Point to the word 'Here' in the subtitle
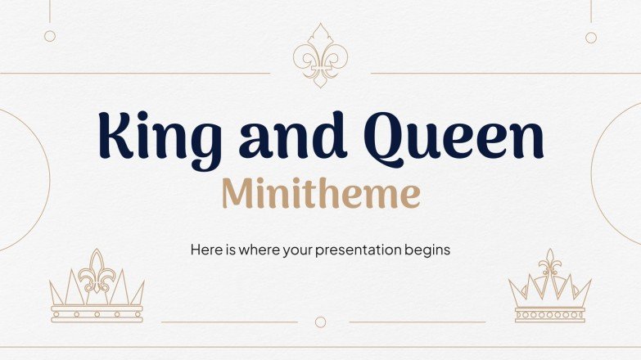point(205,249)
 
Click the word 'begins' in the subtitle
point(427,250)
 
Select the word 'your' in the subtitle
point(300,250)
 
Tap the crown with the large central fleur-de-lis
point(97,286)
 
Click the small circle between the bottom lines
point(321,322)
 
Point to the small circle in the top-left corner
point(50,36)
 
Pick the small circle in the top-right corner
point(591,37)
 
